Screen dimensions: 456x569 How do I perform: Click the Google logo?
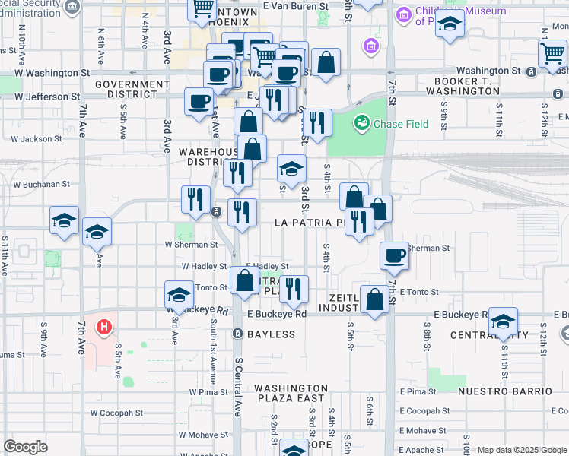click(x=25, y=447)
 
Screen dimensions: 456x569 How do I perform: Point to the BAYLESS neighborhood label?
click(x=270, y=334)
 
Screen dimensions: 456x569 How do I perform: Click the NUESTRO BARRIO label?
click(x=505, y=391)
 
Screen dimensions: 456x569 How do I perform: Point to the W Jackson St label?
click(x=37, y=139)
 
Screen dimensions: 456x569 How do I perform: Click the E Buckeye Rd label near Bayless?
click(x=276, y=314)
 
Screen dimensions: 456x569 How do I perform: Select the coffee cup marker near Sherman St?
click(x=394, y=256)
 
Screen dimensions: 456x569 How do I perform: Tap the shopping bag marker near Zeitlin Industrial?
click(x=375, y=299)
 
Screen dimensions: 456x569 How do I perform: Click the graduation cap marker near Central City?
click(x=503, y=321)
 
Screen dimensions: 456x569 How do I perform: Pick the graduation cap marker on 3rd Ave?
click(x=180, y=296)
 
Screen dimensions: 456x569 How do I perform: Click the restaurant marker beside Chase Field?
click(x=317, y=122)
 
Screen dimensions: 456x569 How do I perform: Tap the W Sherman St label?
click(x=191, y=245)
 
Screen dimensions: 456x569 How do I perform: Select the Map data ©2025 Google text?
click(x=522, y=450)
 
